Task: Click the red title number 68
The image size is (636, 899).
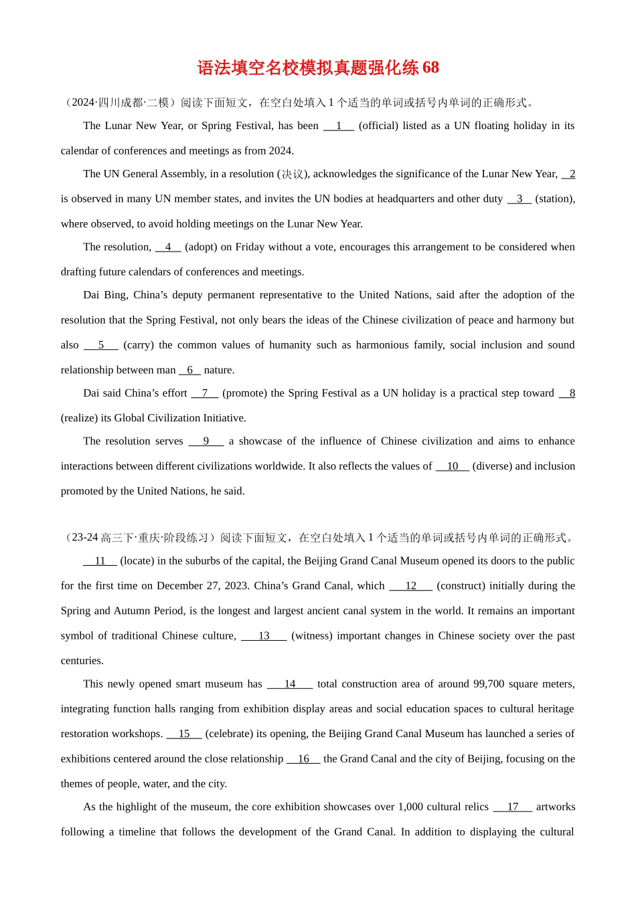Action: point(430,68)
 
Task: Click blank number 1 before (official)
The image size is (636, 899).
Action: point(339,126)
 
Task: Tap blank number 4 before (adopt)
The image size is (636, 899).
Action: point(168,247)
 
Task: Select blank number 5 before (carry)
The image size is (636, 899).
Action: point(101,345)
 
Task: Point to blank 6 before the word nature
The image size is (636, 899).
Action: point(190,370)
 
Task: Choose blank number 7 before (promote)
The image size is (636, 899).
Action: point(205,393)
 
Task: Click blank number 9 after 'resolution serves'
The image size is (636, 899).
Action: point(206,441)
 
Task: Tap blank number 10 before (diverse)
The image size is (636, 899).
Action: point(453,466)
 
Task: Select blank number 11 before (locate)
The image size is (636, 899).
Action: point(100,561)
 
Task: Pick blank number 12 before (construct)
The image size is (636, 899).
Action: point(410,586)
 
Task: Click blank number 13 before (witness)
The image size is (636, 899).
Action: point(264,636)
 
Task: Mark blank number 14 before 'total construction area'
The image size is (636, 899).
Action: point(290,684)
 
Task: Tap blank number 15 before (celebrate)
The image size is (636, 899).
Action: point(184,734)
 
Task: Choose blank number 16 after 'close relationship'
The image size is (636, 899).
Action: point(303,759)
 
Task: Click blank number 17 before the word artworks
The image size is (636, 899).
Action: point(513,807)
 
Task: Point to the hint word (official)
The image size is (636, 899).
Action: point(379,126)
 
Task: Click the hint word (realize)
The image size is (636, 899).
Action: point(80,418)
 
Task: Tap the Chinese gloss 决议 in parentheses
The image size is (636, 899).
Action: point(293,175)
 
